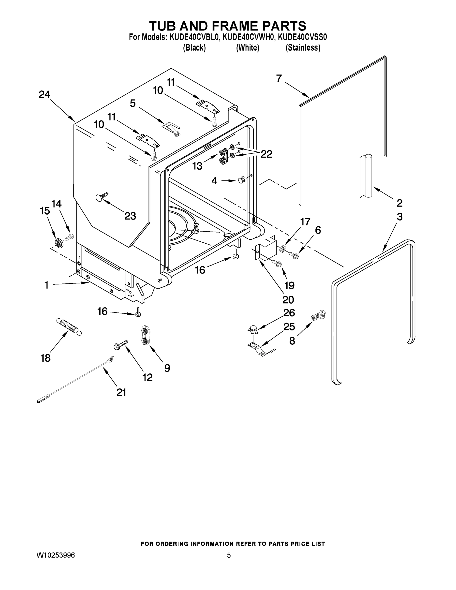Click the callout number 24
pyautogui.click(x=44, y=95)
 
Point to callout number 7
pyautogui.click(x=279, y=79)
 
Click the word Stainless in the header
pyautogui.click(x=303, y=48)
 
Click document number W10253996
pyautogui.click(x=56, y=555)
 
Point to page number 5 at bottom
pyautogui.click(x=229, y=555)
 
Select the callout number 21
pyautogui.click(x=121, y=392)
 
